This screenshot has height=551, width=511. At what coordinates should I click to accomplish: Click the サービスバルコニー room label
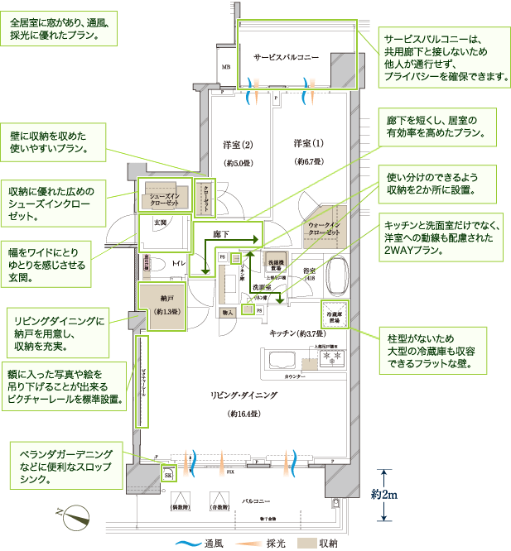[x=286, y=57]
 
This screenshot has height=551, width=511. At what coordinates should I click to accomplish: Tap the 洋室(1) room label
[x=307, y=144]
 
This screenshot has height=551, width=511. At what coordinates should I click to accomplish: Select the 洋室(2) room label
[x=236, y=145]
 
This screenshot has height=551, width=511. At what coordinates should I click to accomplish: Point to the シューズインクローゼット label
[x=164, y=199]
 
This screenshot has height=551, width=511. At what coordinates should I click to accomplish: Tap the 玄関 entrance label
[x=159, y=223]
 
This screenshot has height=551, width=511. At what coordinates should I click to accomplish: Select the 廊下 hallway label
[x=220, y=235]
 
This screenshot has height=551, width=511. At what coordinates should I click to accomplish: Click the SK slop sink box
[x=167, y=475]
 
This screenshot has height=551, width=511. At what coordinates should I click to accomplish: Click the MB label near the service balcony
[x=225, y=65]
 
